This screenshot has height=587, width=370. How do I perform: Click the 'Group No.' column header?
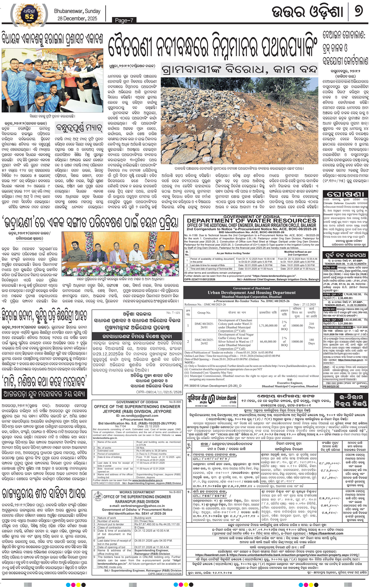[204, 313]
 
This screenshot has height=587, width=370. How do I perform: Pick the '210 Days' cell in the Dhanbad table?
[311, 325]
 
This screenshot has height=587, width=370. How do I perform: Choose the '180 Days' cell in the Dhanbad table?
[311, 342]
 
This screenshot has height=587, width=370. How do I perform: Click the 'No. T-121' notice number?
[173, 313]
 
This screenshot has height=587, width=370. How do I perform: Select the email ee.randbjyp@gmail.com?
[137, 416]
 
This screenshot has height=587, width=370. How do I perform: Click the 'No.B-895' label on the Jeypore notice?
[175, 402]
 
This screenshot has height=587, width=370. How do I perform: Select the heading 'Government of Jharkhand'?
[251, 288]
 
